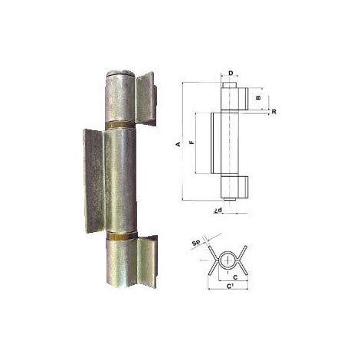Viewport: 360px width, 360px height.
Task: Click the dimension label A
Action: pos(179,145)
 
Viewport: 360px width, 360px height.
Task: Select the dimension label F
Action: pos(192,142)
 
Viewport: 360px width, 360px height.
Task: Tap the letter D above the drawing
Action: pos(231,74)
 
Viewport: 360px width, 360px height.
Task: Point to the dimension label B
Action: pos(259,97)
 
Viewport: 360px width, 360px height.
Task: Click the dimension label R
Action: pos(273,112)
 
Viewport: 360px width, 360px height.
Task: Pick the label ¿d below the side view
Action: pos(218,210)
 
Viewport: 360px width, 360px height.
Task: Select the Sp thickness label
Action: pos(196,243)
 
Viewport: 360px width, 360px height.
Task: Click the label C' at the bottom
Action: pos(231,286)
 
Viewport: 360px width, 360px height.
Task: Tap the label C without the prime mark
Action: pos(235,277)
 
